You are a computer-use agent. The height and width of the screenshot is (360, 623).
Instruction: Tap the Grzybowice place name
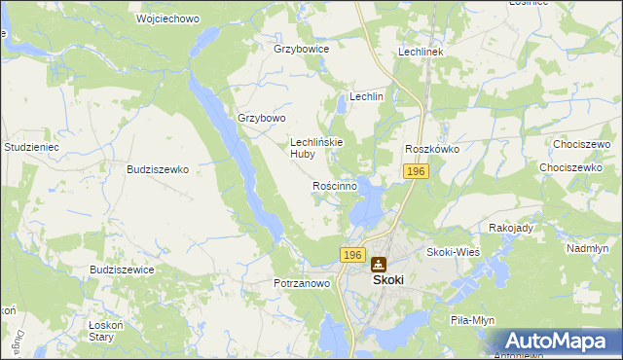[x=302, y=48]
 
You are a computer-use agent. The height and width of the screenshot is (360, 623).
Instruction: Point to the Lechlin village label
[x=367, y=97]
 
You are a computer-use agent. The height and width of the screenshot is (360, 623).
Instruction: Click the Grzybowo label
[x=262, y=118]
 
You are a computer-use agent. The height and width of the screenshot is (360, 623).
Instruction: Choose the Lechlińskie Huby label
[x=315, y=147]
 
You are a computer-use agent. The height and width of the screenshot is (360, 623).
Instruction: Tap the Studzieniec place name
[x=32, y=147]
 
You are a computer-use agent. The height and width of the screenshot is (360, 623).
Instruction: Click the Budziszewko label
[x=158, y=168]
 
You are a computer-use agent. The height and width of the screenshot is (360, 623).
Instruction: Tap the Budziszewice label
[x=122, y=270]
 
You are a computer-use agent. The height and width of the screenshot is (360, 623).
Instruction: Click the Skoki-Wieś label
[x=455, y=252]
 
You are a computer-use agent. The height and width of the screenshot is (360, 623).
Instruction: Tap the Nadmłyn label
[x=587, y=248]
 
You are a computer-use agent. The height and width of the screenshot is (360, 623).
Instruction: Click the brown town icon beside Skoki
[x=378, y=263]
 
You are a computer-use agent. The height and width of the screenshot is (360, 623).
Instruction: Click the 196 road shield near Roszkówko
[x=416, y=171]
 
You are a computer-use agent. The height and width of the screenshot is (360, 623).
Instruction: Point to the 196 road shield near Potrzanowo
[x=352, y=255]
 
